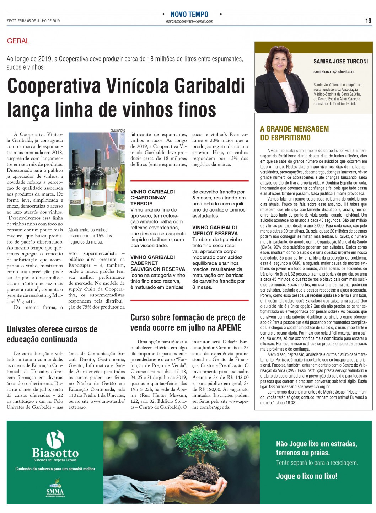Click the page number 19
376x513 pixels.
(368, 21)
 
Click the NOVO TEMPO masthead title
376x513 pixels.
(189, 14)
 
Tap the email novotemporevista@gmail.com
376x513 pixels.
(189, 21)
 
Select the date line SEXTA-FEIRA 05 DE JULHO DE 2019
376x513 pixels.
(33, 21)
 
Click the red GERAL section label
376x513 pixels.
(18, 41)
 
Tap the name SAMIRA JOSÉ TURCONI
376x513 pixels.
(340, 61)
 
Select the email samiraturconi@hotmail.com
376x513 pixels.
(334, 71)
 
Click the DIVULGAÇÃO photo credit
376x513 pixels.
(118, 130)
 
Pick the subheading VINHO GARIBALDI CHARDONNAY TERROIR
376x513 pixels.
(153, 198)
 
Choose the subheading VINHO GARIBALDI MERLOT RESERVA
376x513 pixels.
(215, 230)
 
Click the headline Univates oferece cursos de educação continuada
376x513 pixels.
(52, 334)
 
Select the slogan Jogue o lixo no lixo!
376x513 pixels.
(307, 476)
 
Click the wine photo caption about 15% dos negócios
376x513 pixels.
(90, 236)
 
